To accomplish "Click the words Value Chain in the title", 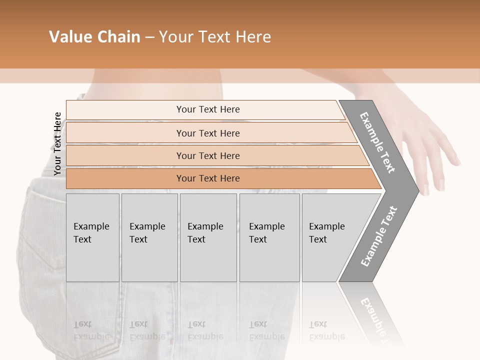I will [x=94, y=37].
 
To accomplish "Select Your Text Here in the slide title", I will [x=215, y=37].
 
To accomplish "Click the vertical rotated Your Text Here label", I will [x=58, y=143].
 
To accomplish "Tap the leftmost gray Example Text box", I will [x=92, y=237].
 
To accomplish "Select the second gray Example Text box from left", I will [x=149, y=237].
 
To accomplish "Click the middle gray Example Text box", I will [x=208, y=237].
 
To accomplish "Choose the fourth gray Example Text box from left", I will [x=269, y=237].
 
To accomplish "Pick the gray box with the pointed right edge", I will [x=330, y=237].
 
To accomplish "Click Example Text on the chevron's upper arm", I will [x=377, y=142].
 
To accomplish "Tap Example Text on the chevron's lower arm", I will [x=379, y=236].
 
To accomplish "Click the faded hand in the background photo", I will [x=430, y=145].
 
